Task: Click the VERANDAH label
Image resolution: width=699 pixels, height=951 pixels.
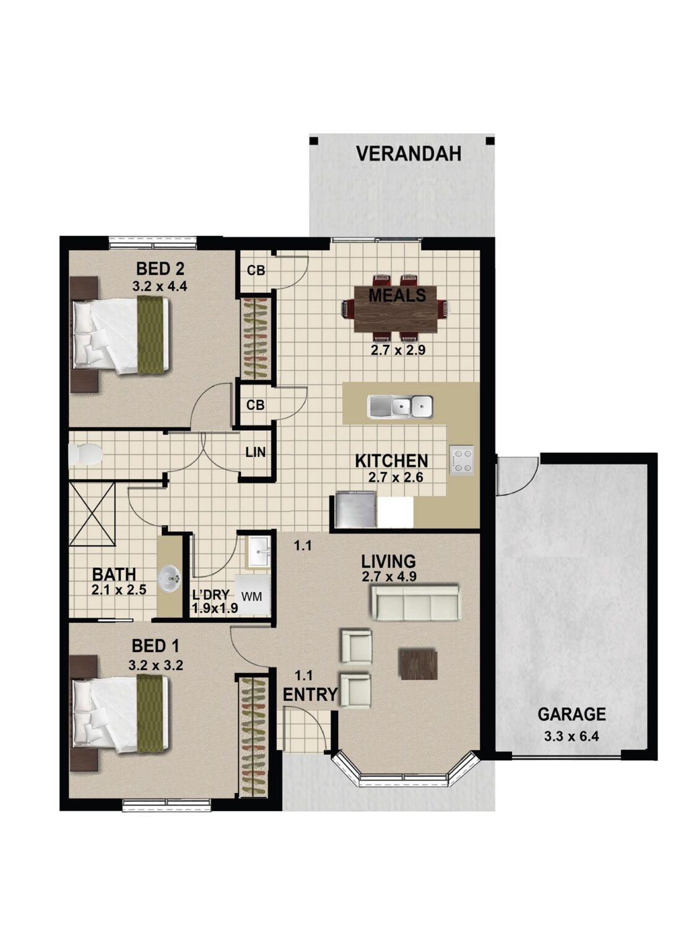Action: coord(408,154)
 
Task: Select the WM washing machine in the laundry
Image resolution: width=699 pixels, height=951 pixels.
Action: coord(251,596)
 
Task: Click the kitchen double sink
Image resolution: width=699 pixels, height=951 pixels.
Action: coord(400,407)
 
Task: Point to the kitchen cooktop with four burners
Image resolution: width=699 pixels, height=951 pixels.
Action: coord(461,461)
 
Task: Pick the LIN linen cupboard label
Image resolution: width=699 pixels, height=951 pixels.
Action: coord(255,453)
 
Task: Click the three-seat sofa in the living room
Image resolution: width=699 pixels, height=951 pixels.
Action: coord(414,602)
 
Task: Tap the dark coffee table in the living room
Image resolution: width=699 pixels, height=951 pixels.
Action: coord(418,664)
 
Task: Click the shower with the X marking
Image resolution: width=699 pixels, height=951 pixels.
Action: coord(92,514)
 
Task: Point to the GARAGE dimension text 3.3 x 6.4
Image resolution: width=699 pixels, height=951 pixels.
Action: coord(571,737)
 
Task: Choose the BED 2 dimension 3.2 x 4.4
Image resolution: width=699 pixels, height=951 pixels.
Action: coord(160,287)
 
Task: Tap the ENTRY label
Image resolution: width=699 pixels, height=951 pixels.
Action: coord(310,695)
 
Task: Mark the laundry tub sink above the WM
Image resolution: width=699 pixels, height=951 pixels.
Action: coord(259,551)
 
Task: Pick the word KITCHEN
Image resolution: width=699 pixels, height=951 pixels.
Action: coord(391,461)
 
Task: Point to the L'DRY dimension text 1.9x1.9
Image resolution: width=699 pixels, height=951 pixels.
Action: coord(215,608)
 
